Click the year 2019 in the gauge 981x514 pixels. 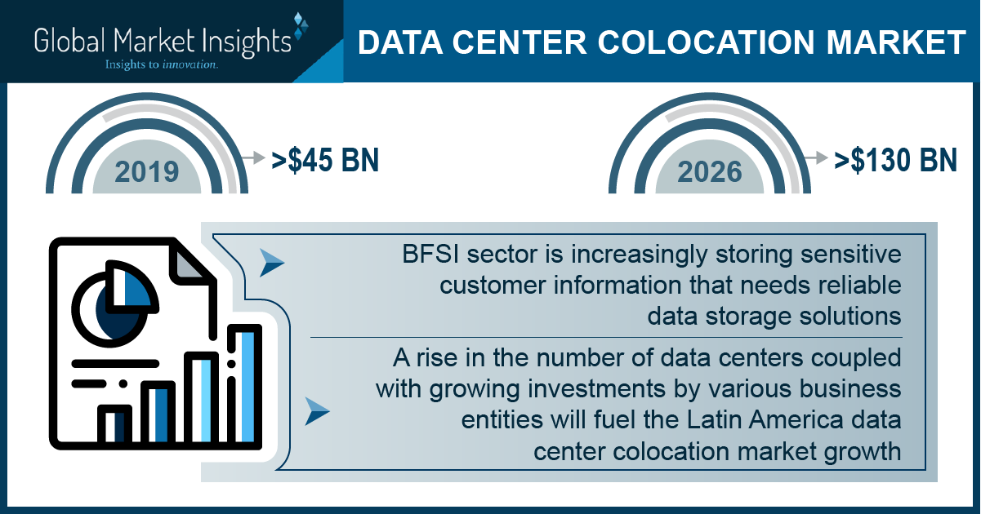pos(147,172)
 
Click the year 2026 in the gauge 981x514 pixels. pos(710,172)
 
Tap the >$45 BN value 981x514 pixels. pos(325,160)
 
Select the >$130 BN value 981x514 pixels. pos(895,160)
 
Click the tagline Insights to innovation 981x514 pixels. pos(161,64)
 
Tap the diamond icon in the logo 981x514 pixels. pos(301,26)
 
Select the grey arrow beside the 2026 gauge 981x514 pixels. pos(816,157)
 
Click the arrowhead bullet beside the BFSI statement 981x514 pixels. pos(271,263)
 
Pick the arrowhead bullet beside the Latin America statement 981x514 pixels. pos(317,412)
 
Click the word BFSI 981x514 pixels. pos(430,255)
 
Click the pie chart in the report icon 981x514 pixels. pos(114,304)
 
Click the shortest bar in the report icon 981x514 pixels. pos(114,425)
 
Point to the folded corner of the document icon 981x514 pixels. pos(190,264)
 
